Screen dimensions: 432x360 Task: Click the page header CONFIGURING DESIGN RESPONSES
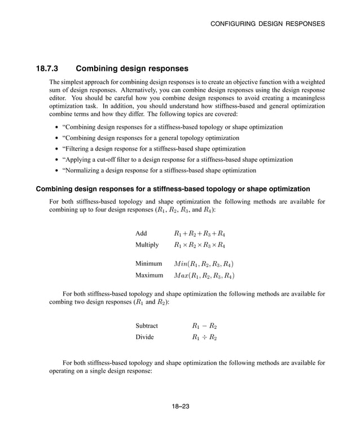coord(267,24)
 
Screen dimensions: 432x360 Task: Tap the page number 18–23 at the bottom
coord(180,407)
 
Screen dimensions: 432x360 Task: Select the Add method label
coord(141,233)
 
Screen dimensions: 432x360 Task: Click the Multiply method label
coord(147,245)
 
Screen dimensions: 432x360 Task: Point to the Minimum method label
coord(149,263)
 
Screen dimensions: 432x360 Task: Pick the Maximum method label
coord(150,276)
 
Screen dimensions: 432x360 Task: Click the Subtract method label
coord(147,325)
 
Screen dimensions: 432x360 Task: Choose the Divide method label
coord(144,337)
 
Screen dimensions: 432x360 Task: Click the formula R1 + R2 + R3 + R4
coord(200,233)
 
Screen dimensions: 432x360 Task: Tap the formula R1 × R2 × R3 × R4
coord(200,245)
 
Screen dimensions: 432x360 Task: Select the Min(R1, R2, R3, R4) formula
coord(204,263)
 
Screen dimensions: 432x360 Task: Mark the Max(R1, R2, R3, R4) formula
coord(204,276)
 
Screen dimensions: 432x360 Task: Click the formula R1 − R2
coord(204,326)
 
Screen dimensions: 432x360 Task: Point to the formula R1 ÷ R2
coord(204,338)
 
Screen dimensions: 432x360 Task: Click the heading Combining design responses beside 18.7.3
coord(132,69)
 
